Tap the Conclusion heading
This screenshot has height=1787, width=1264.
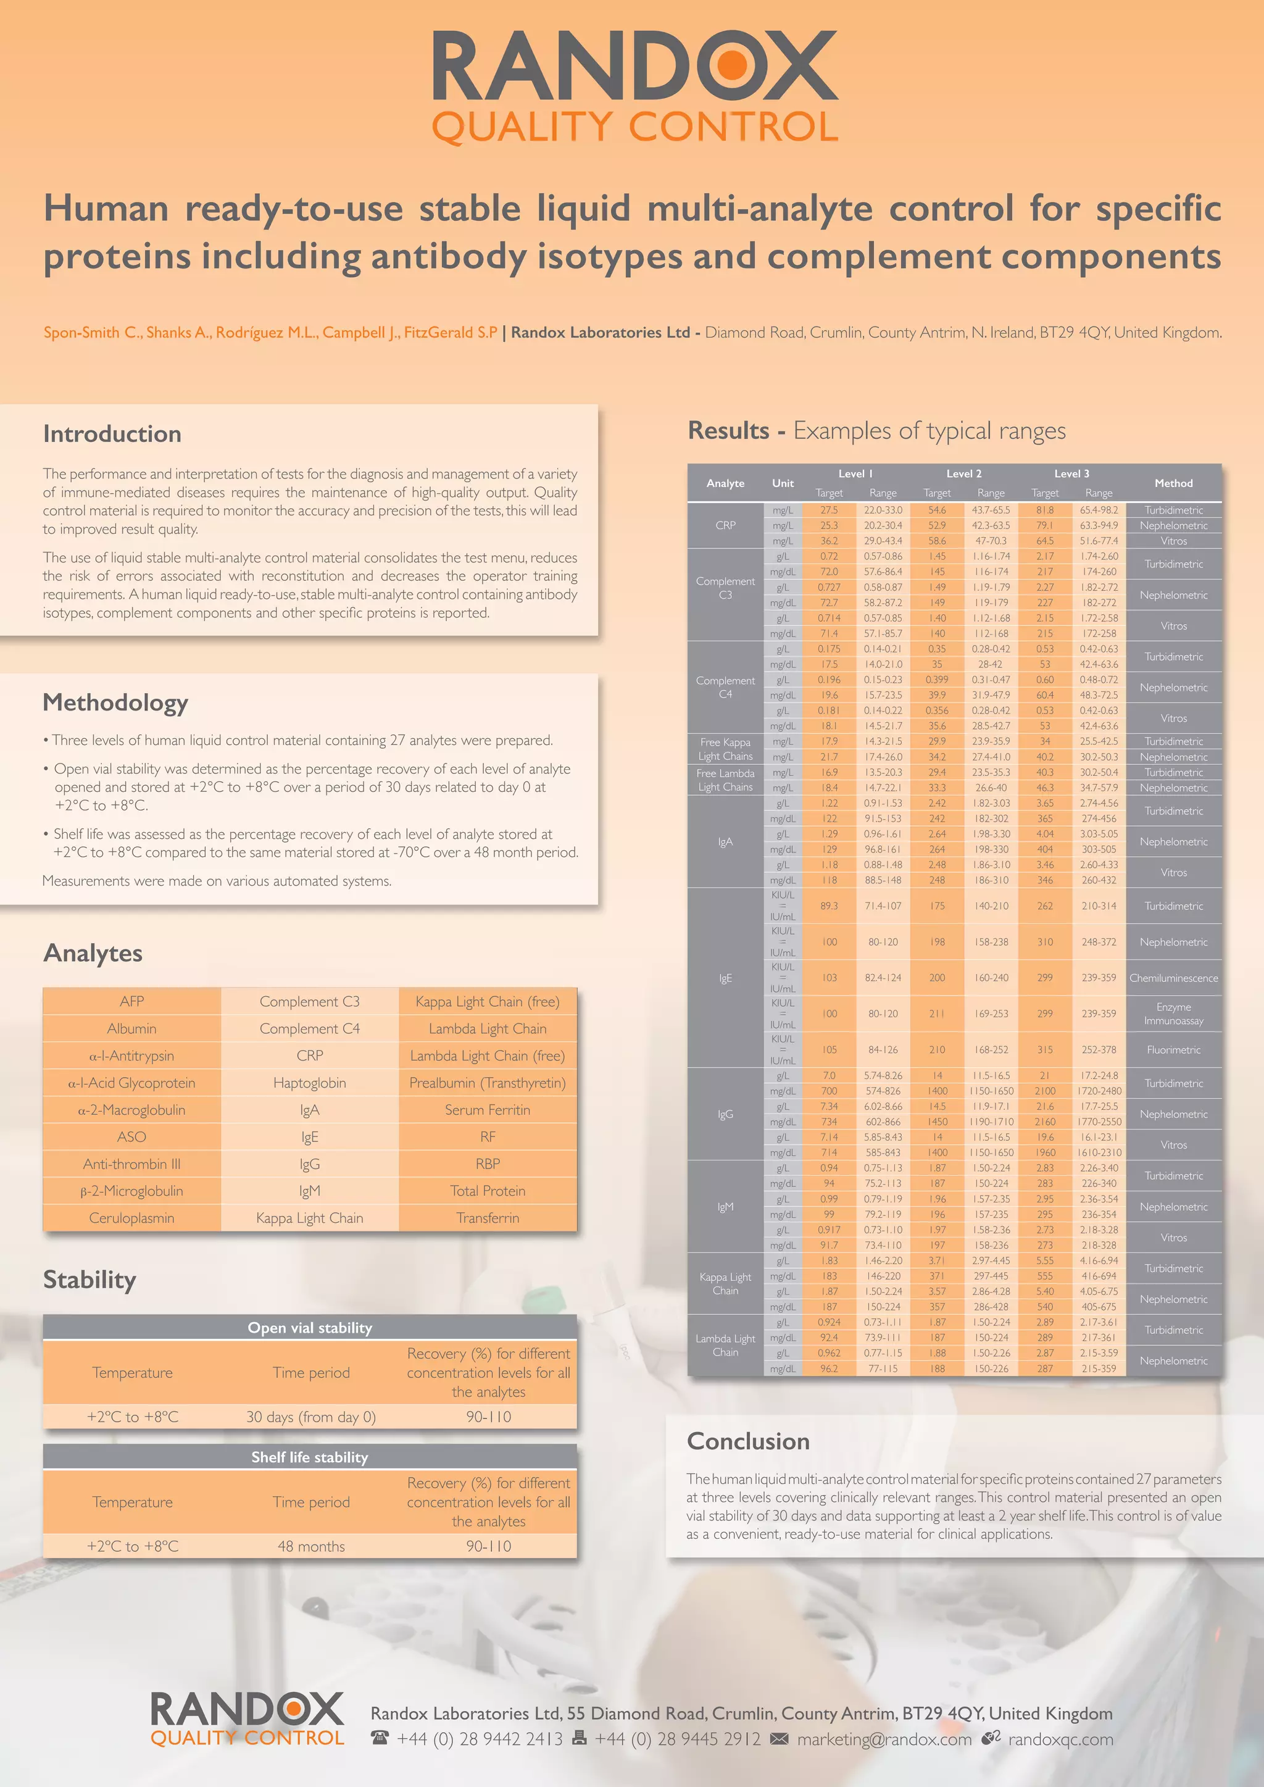tap(748, 1441)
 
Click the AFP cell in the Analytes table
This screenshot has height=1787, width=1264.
tap(131, 1001)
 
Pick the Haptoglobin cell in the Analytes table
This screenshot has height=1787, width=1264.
tap(310, 1083)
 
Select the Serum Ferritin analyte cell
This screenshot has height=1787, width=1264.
tap(487, 1110)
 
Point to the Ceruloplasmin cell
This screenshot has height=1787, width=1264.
tap(131, 1218)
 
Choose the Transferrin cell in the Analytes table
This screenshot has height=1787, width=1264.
tap(487, 1218)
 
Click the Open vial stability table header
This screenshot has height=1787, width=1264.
tap(310, 1328)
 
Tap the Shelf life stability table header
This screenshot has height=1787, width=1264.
tap(310, 1457)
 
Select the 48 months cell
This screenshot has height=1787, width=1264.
tap(310, 1546)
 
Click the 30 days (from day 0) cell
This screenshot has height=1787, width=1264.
tap(310, 1417)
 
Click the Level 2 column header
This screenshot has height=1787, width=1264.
tap(963, 473)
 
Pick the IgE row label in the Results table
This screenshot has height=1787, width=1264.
tap(725, 978)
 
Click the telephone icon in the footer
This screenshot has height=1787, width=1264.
tap(380, 1739)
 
